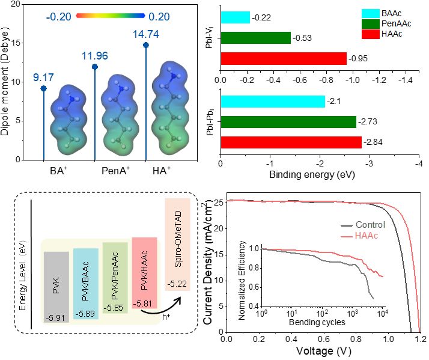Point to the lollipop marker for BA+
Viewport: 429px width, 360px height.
click(x=43, y=88)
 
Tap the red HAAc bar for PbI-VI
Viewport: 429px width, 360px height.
click(x=284, y=58)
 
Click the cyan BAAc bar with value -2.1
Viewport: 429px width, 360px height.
click(x=273, y=102)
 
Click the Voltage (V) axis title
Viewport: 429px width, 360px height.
click(x=323, y=350)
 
